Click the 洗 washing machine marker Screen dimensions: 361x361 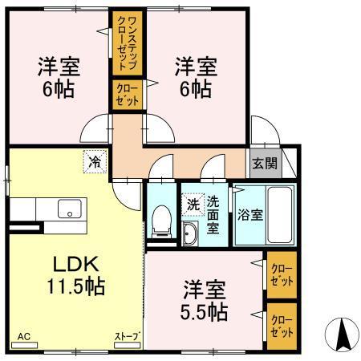193,205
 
